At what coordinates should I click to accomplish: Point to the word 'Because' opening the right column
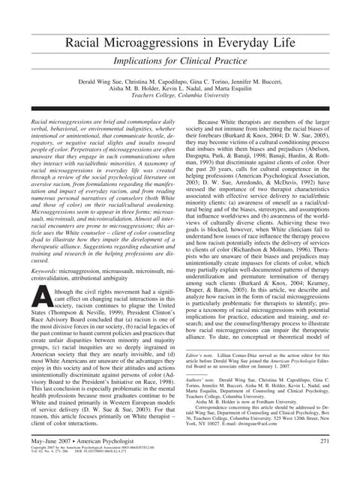(211, 121)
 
